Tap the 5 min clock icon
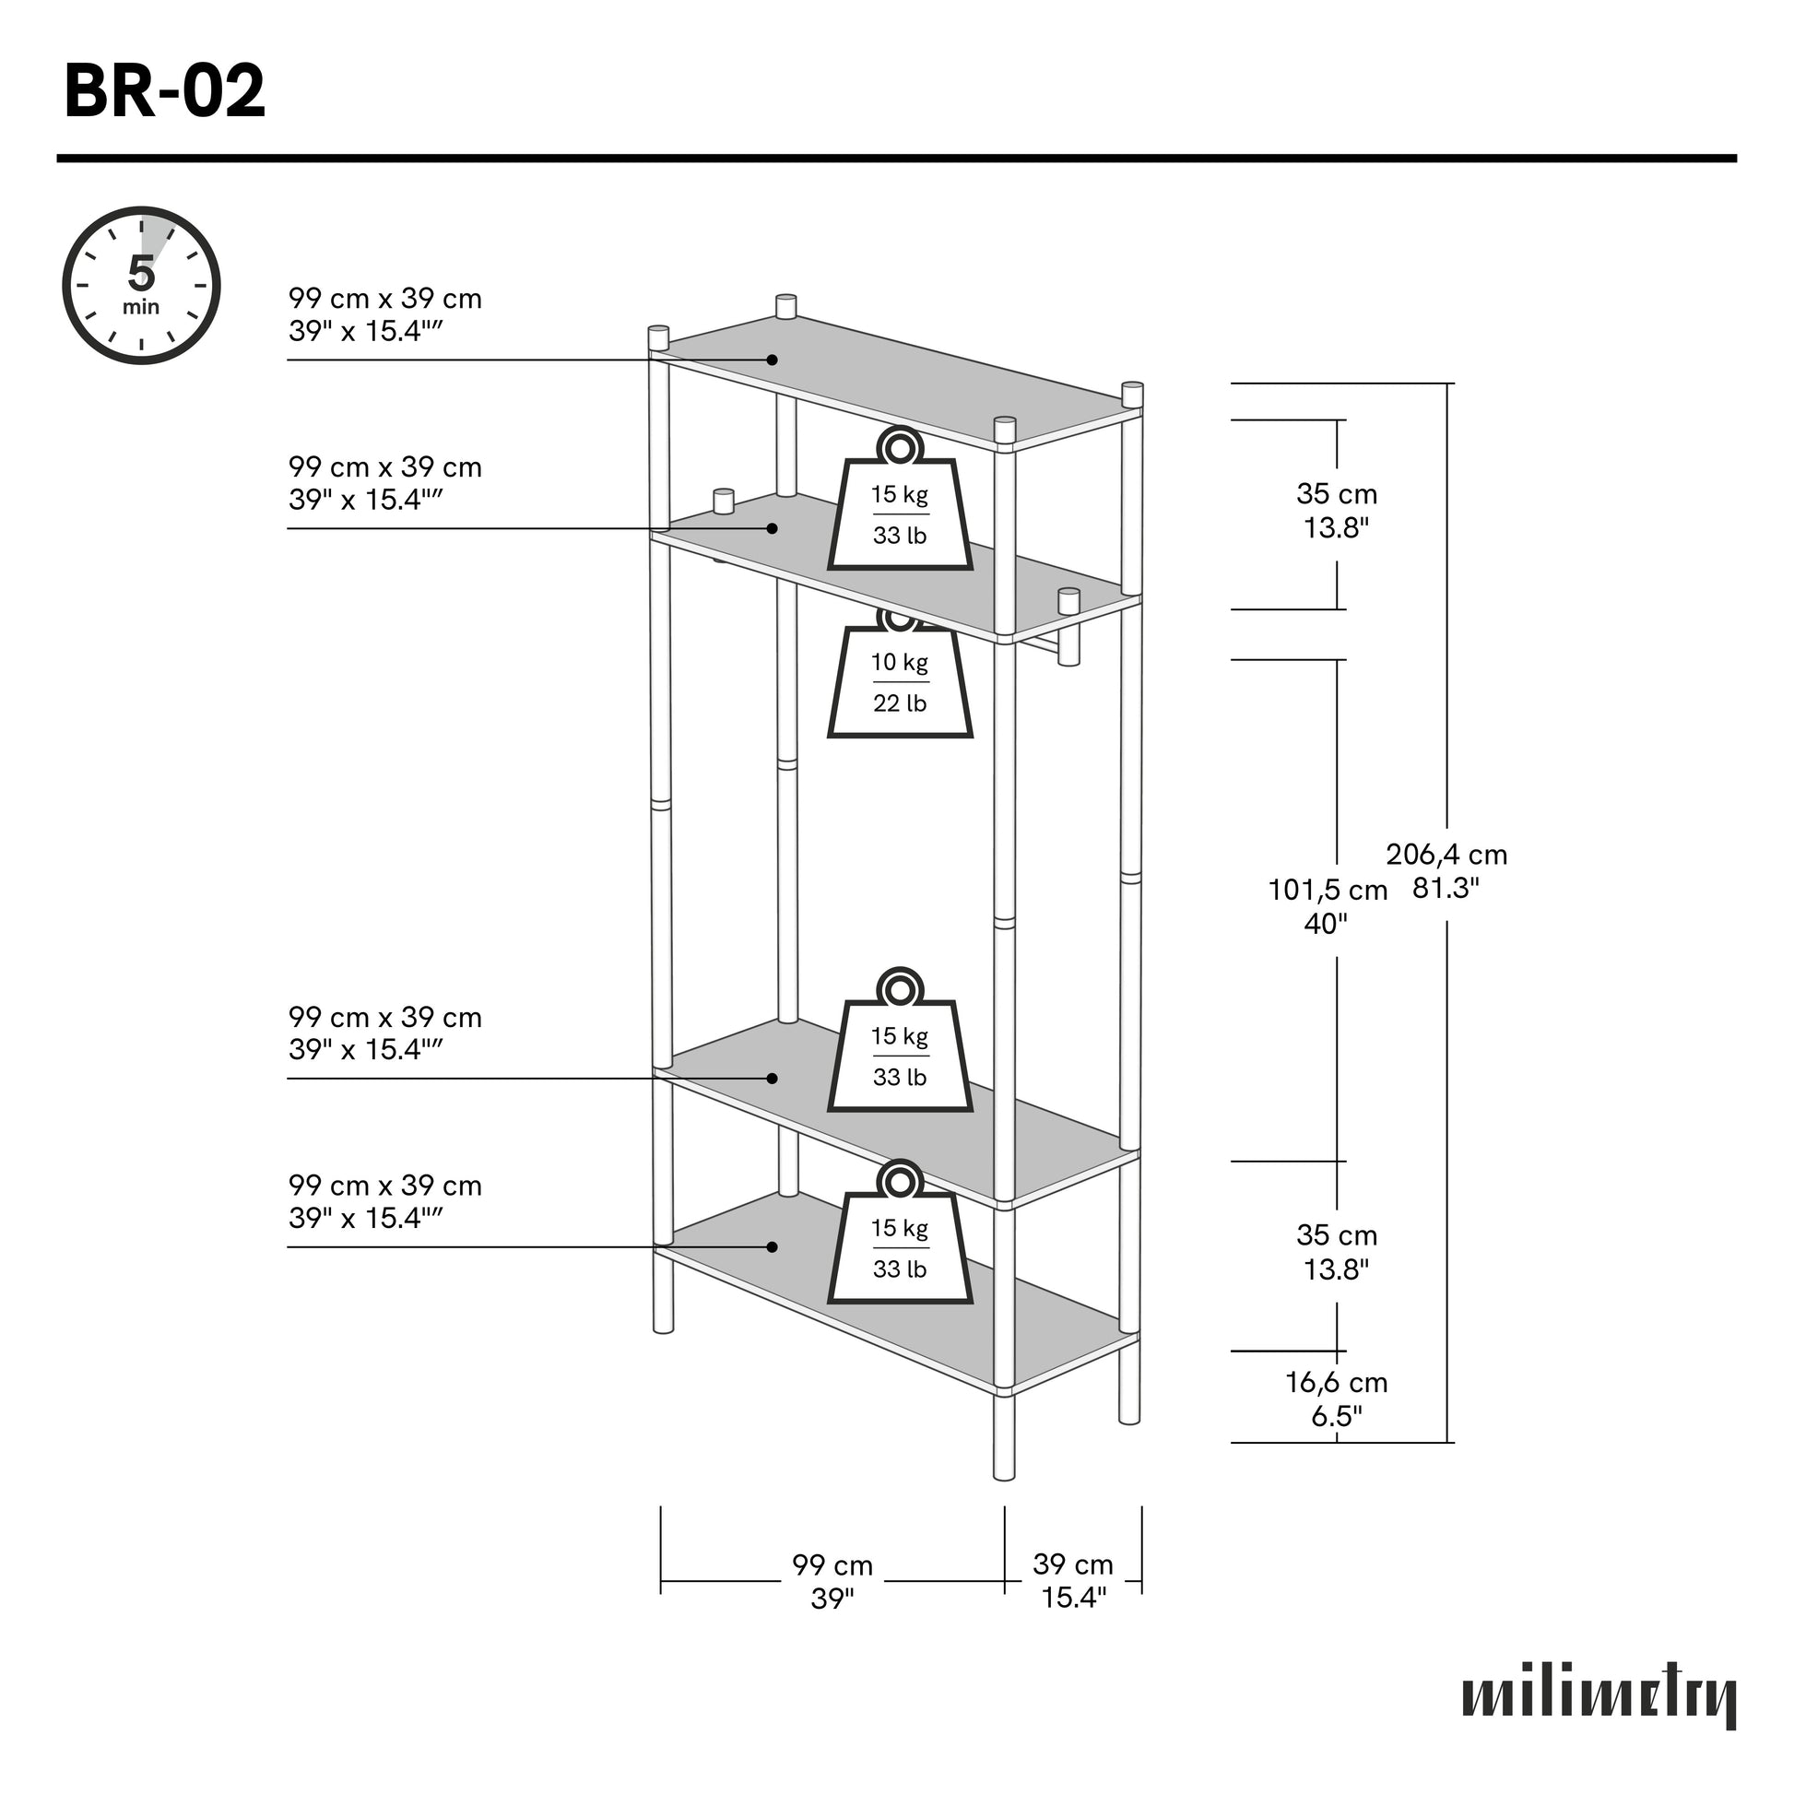click(141, 285)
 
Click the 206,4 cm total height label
click(1446, 870)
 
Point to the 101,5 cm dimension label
click(1327, 906)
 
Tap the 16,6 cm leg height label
click(1335, 1399)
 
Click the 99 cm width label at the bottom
click(832, 1580)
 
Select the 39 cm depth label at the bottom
click(1072, 1580)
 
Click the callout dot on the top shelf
click(772, 360)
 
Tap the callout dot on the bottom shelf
click(772, 1246)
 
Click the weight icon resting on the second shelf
click(900, 505)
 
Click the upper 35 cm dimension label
click(1336, 510)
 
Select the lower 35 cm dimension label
click(1336, 1251)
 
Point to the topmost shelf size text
click(384, 314)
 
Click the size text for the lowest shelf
click(384, 1200)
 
